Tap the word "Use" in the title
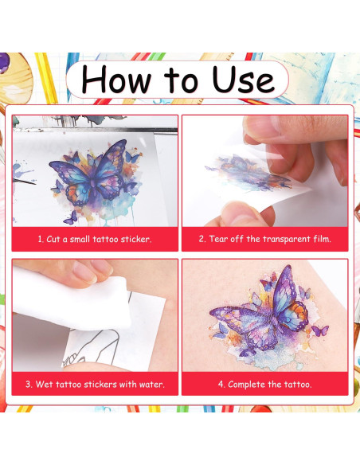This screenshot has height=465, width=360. click(243, 79)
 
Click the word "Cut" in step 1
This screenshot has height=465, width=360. click(53, 239)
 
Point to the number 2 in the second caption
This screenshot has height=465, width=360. click(202, 239)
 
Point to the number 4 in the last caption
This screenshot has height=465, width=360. click(221, 385)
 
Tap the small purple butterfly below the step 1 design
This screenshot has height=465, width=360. click(71, 218)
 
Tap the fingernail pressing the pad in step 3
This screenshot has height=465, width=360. click(84, 272)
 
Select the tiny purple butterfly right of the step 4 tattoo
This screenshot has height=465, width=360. click(320, 330)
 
